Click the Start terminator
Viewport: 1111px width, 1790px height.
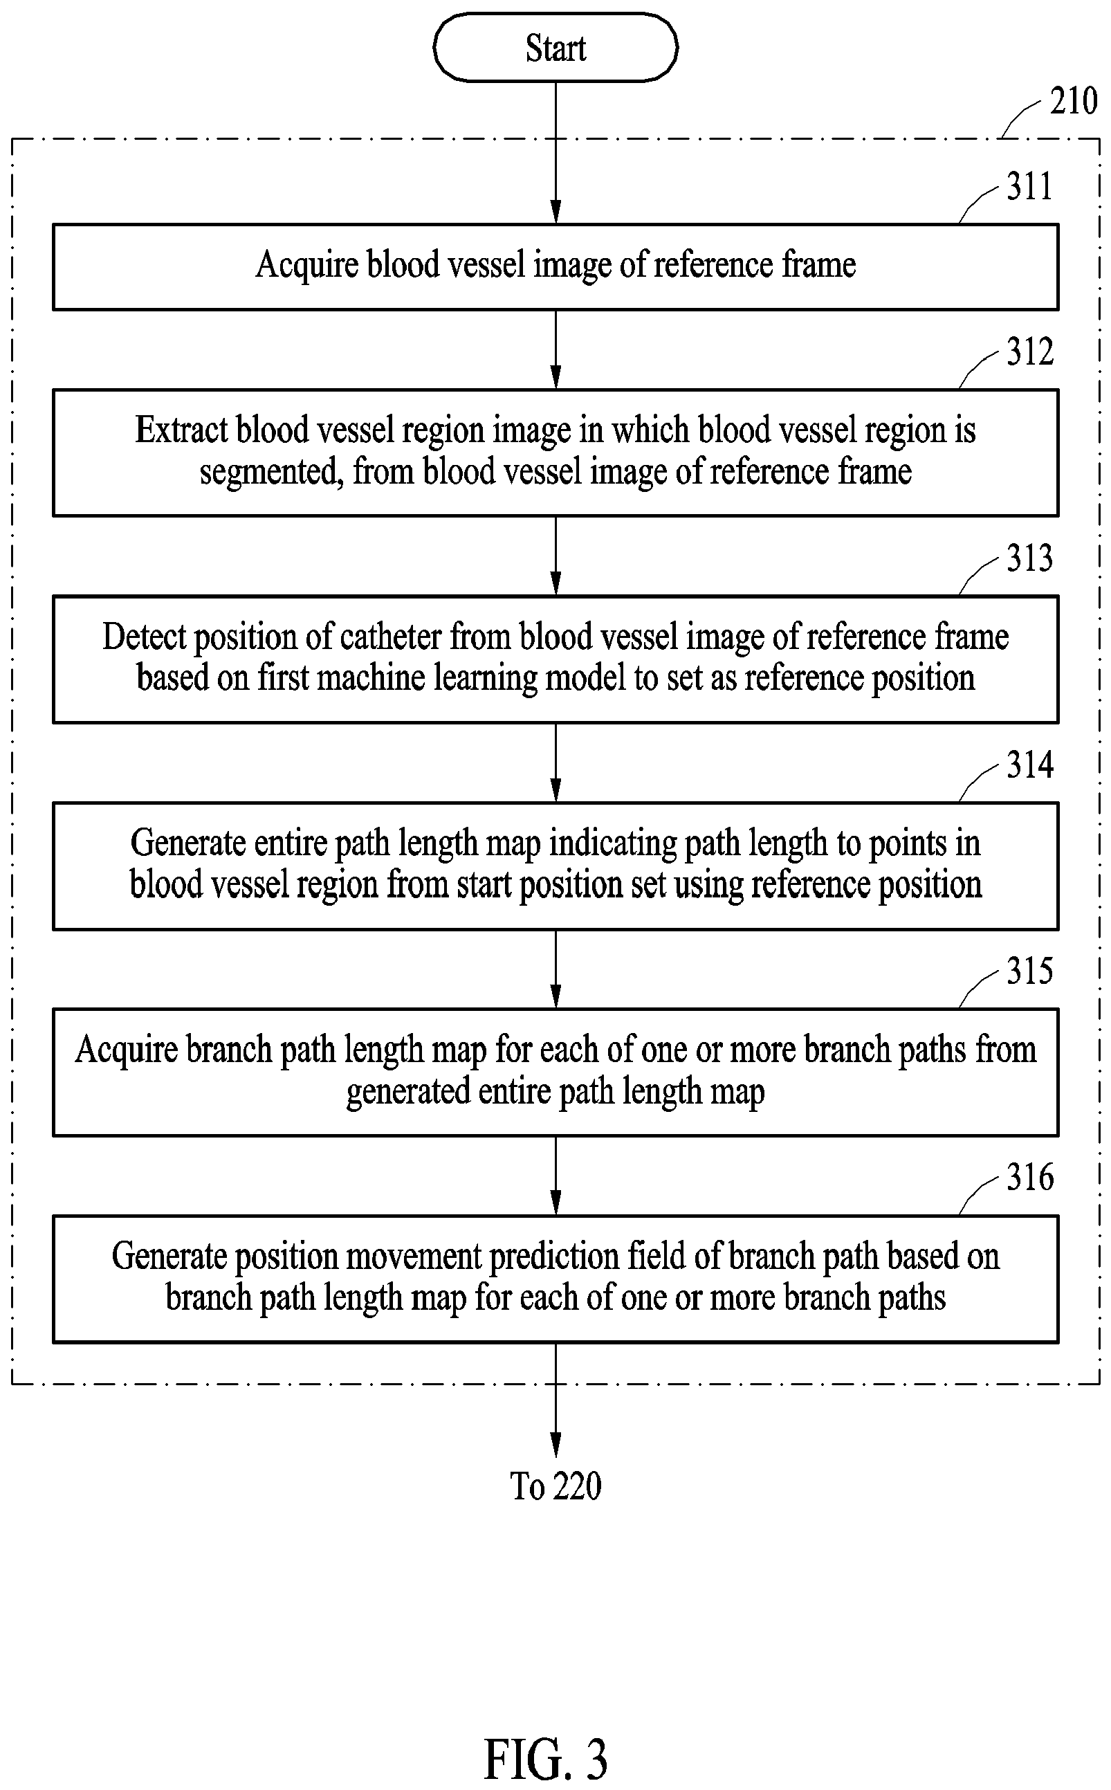click(555, 48)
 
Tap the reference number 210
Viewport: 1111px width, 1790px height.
click(1074, 100)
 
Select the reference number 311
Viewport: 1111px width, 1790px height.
click(1029, 186)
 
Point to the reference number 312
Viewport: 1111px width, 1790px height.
click(1029, 351)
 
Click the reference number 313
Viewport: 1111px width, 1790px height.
click(1029, 558)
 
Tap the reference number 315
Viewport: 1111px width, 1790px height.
click(1029, 971)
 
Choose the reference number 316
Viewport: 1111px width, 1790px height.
click(1029, 1177)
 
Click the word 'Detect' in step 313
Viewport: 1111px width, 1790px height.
click(144, 637)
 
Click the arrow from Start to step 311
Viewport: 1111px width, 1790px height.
click(555, 152)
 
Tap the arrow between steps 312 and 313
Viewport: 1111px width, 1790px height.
click(555, 556)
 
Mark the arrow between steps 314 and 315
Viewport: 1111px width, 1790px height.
click(555, 969)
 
